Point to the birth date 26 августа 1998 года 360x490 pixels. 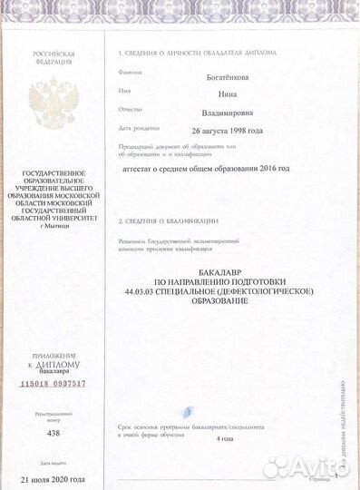216,130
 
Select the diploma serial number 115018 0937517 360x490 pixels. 53,384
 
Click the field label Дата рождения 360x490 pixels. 137,128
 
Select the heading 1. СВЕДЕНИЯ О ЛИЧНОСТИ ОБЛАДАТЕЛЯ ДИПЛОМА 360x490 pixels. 197,53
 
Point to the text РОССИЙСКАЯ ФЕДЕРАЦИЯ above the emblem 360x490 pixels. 54,58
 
